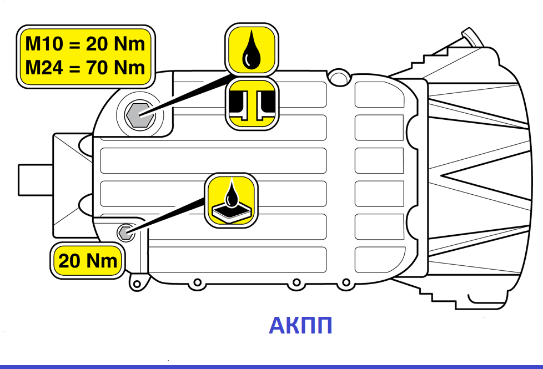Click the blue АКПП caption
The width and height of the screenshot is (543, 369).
[x=300, y=326]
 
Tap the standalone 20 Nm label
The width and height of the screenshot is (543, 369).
[x=88, y=260]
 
